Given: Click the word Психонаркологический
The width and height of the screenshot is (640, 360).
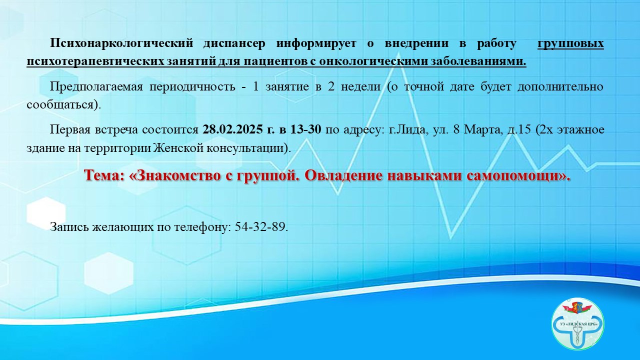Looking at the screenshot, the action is tap(121, 43).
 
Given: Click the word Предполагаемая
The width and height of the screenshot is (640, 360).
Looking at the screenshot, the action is tap(96, 87).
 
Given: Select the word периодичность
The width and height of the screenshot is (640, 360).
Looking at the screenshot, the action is tap(192, 87).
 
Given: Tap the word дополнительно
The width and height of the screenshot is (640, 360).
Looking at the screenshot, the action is tap(560, 87).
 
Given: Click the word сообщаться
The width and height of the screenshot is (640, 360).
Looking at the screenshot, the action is tap(60, 105).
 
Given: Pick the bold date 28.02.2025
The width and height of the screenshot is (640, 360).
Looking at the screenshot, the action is tap(232, 129).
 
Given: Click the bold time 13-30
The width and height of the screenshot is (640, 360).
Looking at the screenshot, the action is tap(305, 129).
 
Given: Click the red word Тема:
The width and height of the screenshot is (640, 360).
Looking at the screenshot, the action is tap(104, 175).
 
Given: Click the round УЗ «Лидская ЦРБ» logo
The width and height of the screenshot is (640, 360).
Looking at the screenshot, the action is tap(577, 324).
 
